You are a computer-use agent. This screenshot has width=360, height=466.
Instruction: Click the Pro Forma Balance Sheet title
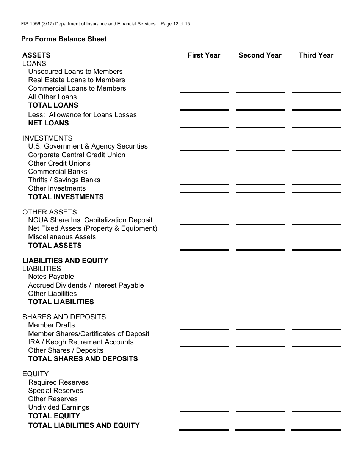tap(64, 39)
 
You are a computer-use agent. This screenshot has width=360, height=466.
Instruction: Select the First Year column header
tap(204, 55)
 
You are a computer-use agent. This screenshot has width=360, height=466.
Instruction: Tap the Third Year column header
tap(316, 55)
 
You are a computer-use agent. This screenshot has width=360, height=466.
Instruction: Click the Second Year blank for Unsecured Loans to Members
tap(260, 72)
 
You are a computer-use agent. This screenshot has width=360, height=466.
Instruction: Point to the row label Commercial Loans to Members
tap(77, 88)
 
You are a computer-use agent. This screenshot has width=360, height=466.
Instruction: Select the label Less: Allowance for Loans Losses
tap(82, 115)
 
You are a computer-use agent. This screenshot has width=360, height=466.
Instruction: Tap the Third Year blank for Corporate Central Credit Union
tap(316, 155)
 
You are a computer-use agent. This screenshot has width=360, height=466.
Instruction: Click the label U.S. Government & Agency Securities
tap(88, 146)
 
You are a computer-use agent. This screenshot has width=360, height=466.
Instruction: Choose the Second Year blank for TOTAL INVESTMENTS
tap(260, 198)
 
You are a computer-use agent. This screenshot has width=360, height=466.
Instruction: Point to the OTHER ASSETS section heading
tap(50, 212)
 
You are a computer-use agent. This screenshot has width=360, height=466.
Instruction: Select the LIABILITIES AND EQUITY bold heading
tap(65, 261)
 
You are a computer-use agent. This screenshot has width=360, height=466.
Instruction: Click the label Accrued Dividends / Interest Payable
tap(86, 285)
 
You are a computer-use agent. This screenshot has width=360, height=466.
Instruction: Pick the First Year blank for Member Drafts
tap(204, 326)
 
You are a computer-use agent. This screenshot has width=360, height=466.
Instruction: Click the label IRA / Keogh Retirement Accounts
tap(81, 342)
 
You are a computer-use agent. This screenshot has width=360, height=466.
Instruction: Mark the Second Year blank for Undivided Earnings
tap(260, 408)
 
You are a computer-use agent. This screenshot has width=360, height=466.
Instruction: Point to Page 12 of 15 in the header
tap(175, 24)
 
